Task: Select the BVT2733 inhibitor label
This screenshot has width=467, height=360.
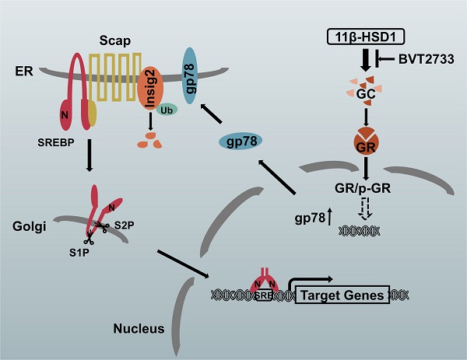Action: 423,58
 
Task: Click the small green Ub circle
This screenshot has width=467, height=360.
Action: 165,110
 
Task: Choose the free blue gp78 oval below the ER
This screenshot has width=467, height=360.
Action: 239,141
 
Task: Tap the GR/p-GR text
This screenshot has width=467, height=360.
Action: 365,187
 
